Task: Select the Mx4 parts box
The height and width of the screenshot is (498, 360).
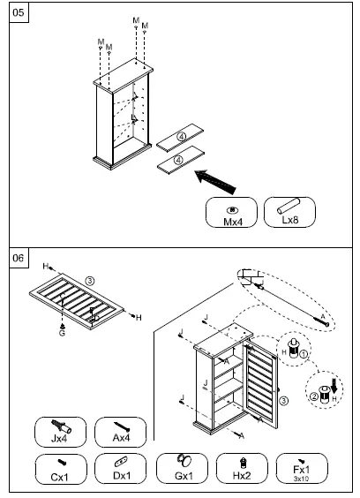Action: [x=232, y=214]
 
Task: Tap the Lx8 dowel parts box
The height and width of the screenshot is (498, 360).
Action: [x=289, y=214]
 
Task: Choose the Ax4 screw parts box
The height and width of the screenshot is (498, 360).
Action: [x=120, y=433]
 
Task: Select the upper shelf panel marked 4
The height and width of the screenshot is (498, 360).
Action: [x=179, y=137]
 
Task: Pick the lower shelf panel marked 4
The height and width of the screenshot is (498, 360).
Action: [x=179, y=160]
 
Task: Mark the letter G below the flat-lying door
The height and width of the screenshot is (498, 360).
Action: [x=62, y=334]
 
